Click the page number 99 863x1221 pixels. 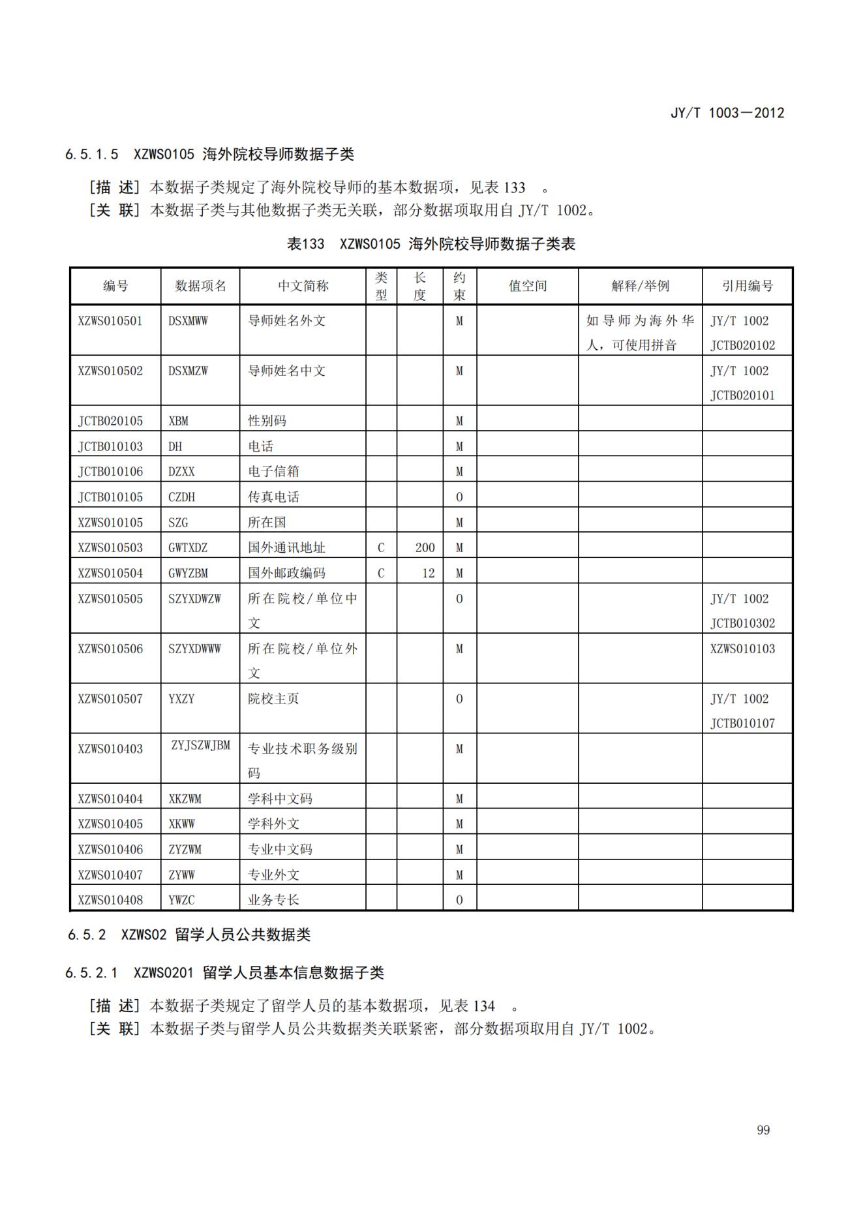(763, 1130)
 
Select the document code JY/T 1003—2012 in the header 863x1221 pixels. (727, 113)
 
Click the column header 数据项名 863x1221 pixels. (200, 286)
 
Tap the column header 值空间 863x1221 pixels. (527, 286)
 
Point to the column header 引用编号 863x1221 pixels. (747, 286)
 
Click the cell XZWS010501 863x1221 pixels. (110, 321)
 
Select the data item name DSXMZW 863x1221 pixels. (188, 371)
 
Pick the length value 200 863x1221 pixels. (425, 548)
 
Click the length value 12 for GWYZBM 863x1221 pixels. (428, 573)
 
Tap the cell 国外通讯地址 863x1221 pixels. (286, 548)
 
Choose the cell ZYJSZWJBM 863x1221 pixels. (201, 745)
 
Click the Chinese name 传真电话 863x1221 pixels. (273, 497)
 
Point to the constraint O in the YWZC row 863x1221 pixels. (459, 900)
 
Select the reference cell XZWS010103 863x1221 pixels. (742, 649)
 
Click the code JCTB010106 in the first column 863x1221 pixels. (110, 471)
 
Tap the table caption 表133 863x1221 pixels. (305, 244)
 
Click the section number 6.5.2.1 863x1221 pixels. (91, 973)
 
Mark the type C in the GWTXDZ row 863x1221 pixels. (381, 548)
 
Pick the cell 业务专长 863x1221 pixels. (273, 900)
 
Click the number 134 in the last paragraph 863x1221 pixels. (483, 1006)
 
